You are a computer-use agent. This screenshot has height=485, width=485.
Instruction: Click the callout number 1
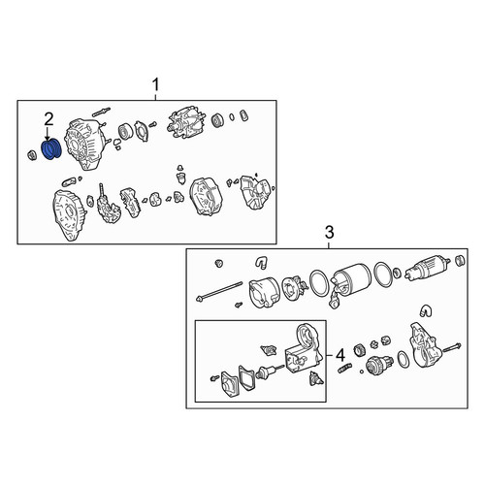click(x=155, y=85)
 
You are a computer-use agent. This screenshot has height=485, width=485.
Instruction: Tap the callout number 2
click(x=48, y=119)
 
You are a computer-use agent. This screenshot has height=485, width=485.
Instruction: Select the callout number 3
click(x=329, y=233)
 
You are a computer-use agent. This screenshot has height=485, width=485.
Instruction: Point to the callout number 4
click(x=340, y=356)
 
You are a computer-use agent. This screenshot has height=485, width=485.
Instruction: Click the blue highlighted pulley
click(x=51, y=149)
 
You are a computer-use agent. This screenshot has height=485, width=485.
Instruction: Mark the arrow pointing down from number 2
click(x=48, y=134)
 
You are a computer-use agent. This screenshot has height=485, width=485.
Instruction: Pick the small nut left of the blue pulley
click(x=33, y=155)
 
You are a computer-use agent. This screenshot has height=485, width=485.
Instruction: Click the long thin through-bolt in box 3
click(x=219, y=291)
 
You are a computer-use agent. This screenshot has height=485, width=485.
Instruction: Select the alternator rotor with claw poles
click(x=183, y=125)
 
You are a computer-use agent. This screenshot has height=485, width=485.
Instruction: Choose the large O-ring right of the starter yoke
click(x=383, y=275)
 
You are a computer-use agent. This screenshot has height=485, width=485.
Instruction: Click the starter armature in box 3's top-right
click(x=427, y=268)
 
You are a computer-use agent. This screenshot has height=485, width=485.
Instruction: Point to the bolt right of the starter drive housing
click(x=452, y=349)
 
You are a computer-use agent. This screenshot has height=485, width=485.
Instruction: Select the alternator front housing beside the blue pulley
click(x=84, y=144)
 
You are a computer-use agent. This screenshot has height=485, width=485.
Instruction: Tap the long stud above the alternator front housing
click(x=101, y=112)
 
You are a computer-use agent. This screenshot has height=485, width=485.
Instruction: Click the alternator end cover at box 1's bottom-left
click(x=69, y=214)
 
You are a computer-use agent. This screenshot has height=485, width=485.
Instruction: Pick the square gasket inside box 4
click(x=246, y=377)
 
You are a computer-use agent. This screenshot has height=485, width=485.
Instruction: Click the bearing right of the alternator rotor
click(x=218, y=120)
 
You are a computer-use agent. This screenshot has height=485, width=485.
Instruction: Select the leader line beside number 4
click(x=330, y=356)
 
